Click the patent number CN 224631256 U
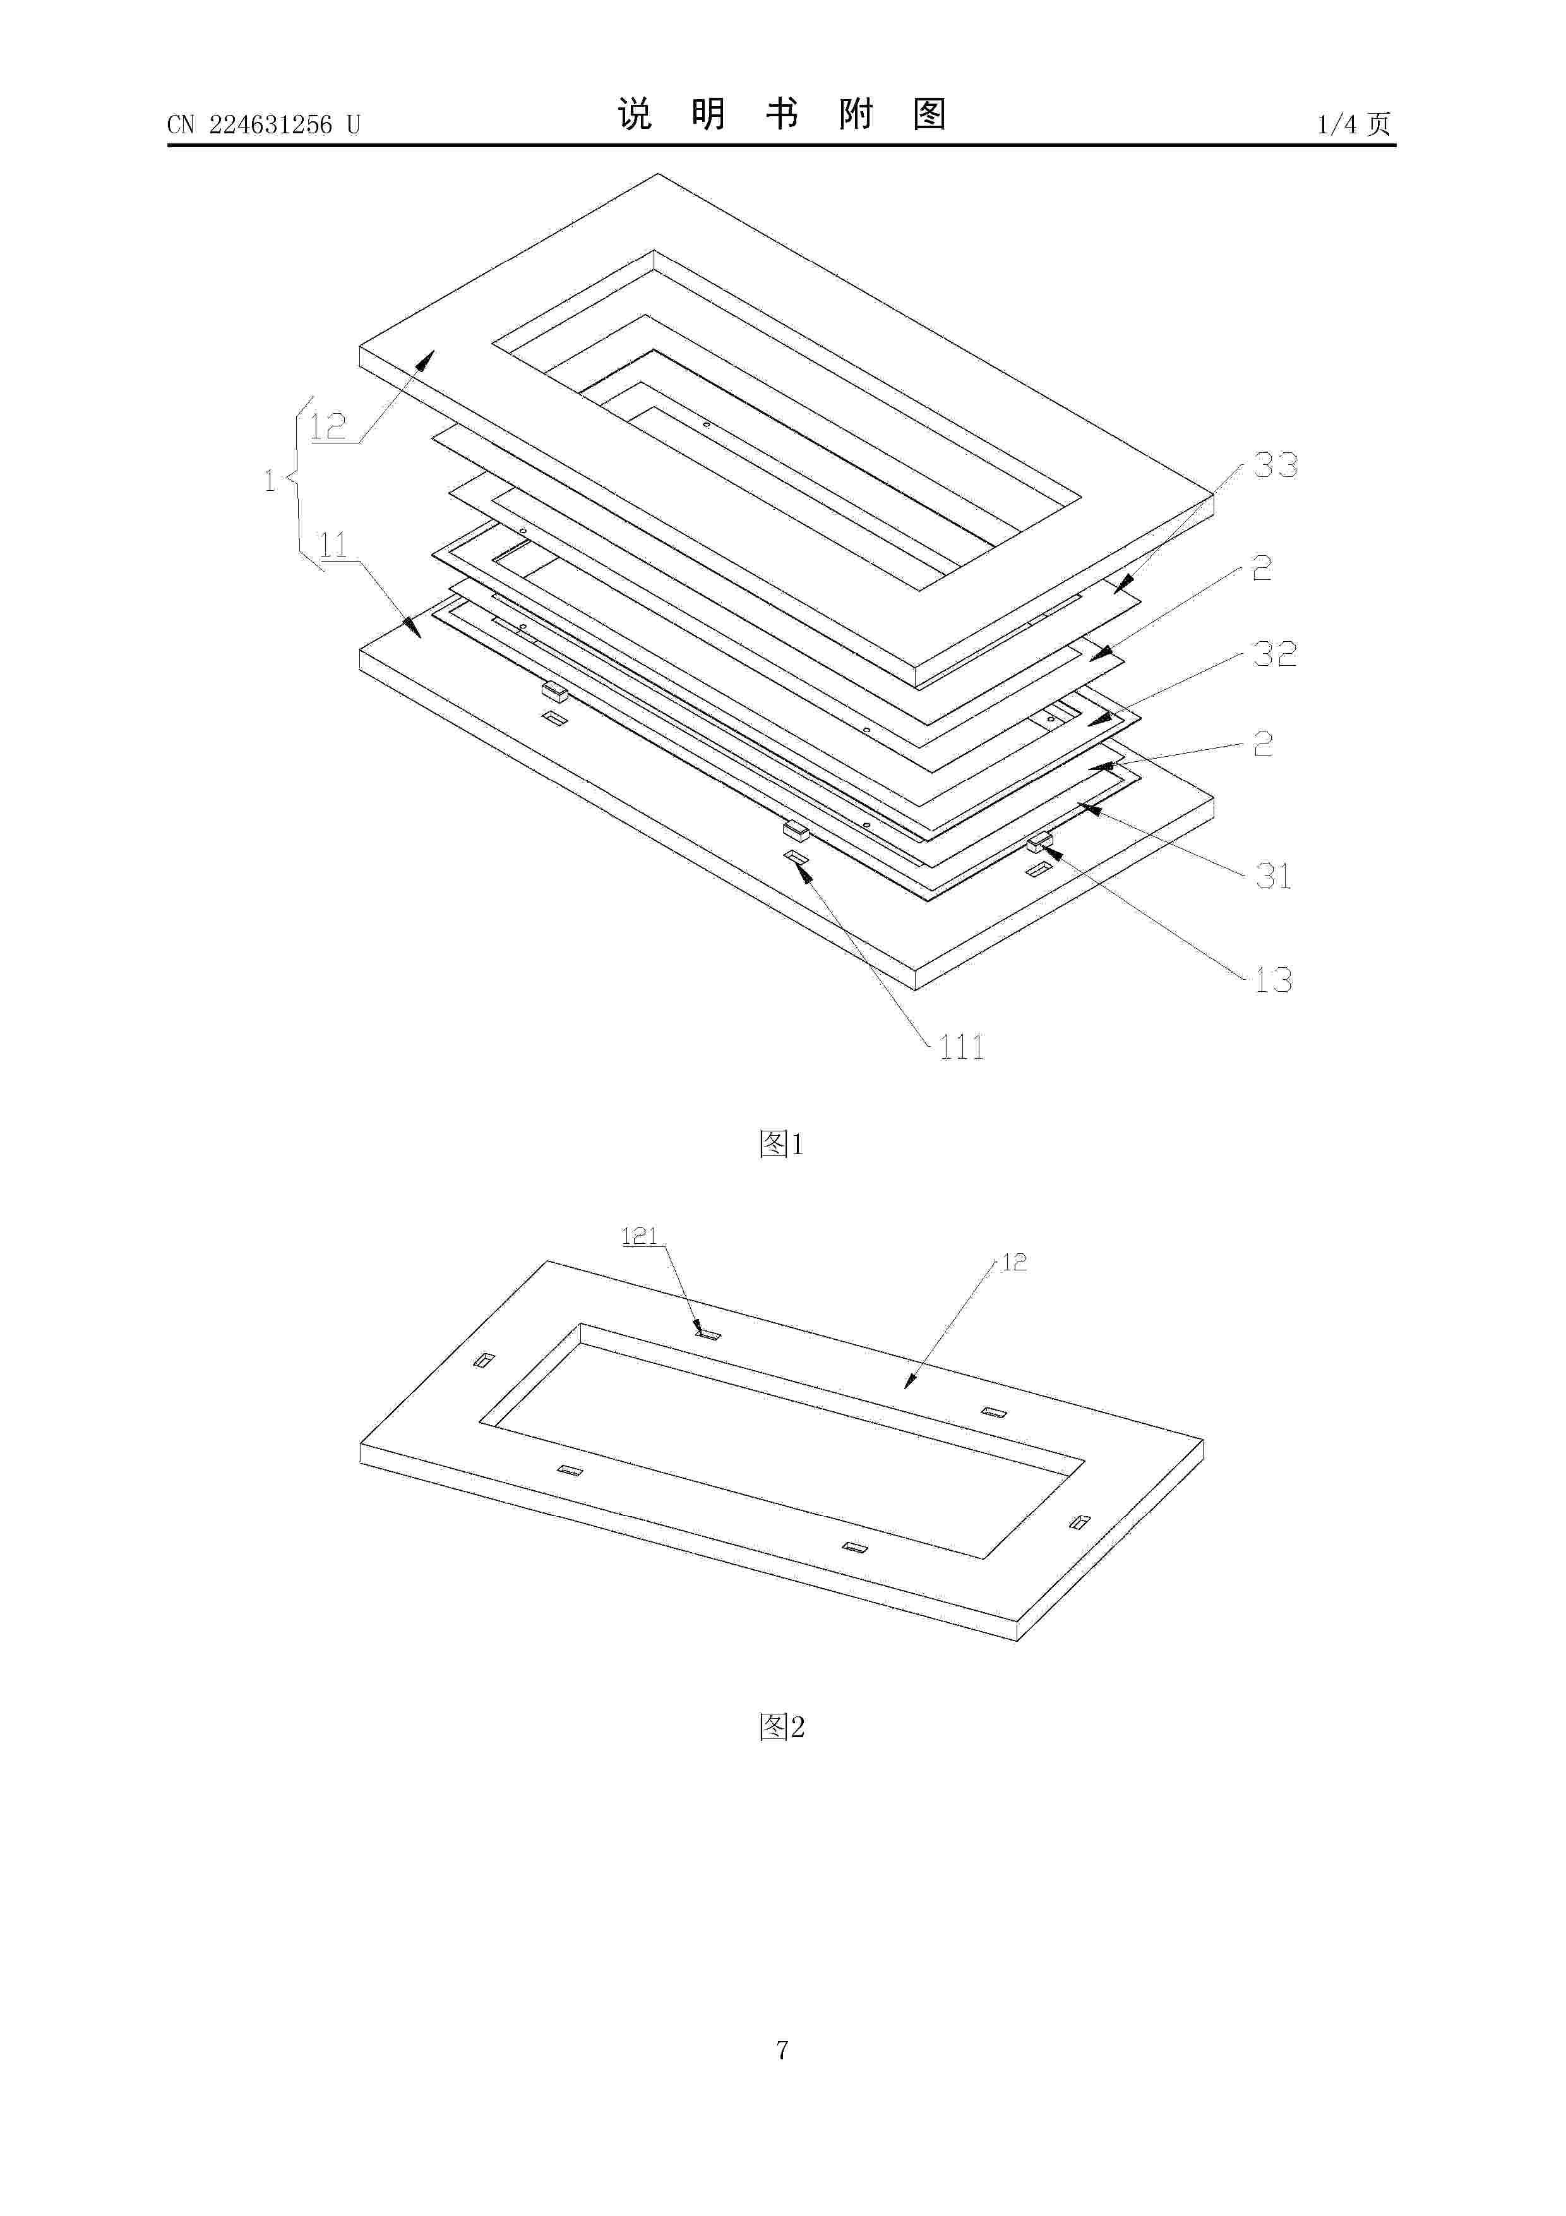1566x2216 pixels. coord(263,124)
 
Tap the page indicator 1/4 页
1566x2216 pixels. coord(1354,124)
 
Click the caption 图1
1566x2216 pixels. coord(782,1145)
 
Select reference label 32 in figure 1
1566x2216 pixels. coord(1275,654)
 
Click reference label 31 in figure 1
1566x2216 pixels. coord(1272,876)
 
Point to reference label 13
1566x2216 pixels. coord(1272,980)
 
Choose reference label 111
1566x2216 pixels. coord(962,1047)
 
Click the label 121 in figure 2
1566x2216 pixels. coord(639,1236)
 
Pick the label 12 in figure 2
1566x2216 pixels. coord(1014,1262)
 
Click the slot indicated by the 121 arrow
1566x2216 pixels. coord(709,1334)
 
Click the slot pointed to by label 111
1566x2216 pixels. coord(796,856)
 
